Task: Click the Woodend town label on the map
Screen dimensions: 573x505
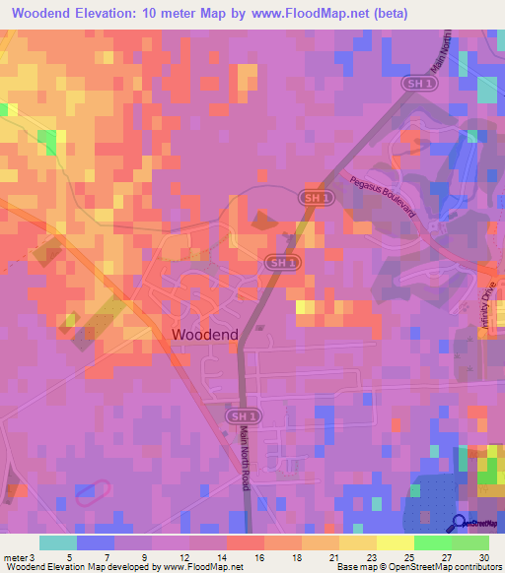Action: point(204,335)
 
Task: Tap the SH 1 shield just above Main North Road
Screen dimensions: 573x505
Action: point(240,417)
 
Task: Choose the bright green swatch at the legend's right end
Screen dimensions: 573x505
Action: point(470,541)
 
